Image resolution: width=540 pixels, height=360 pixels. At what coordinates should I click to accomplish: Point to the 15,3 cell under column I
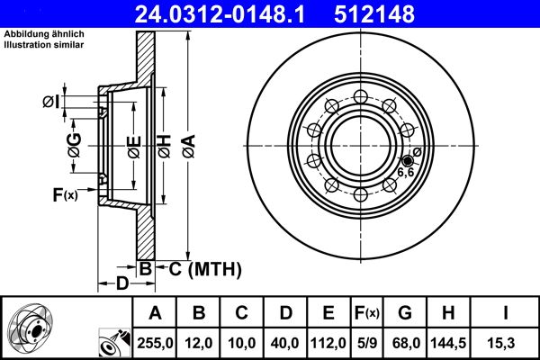click(507, 343)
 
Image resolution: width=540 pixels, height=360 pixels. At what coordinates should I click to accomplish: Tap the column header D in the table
click(286, 314)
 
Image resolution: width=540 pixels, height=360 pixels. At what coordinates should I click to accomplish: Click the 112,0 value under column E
click(328, 343)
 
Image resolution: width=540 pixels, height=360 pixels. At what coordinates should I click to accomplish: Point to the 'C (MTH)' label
click(195, 267)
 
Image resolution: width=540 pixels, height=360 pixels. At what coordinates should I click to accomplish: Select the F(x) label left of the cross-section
click(65, 194)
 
